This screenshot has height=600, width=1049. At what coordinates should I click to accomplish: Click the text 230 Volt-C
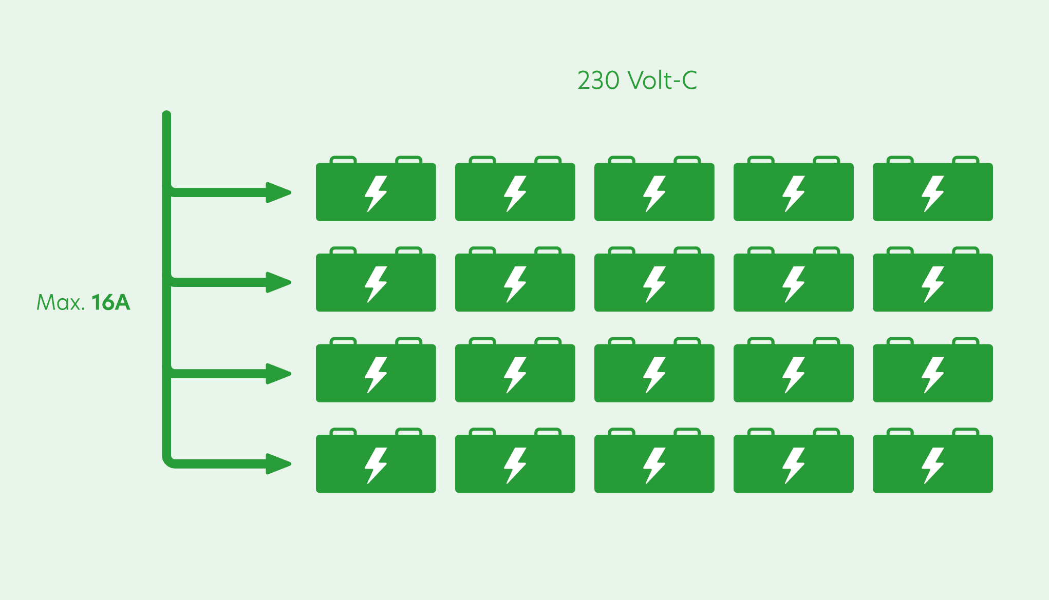637,80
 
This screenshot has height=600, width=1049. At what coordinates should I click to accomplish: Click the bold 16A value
111,302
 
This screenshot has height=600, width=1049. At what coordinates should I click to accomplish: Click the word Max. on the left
61,302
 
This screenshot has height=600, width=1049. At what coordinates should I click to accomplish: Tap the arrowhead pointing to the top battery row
278,192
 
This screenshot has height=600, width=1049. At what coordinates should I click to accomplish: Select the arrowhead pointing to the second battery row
278,282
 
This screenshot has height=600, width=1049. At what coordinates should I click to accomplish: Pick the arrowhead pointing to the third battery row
278,373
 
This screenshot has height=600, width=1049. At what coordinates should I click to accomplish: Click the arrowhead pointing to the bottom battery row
278,464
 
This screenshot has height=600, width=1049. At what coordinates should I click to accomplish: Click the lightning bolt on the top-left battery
376,194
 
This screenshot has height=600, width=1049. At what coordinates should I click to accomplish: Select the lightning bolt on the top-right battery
933,194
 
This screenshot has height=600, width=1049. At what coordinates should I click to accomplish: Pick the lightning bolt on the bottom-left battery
376,466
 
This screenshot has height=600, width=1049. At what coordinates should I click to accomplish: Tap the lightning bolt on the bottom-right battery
933,466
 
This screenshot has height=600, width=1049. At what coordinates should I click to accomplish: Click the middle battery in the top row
654,188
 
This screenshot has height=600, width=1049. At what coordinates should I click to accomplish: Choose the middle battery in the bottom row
654,460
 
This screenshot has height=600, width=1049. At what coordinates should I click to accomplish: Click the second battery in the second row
515,279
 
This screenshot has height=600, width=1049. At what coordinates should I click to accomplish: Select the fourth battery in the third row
794,370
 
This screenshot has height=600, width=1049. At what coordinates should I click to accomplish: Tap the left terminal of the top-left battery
343,160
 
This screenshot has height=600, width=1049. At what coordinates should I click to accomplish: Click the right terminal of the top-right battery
966,160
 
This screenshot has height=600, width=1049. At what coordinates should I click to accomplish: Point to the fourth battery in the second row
794,279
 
